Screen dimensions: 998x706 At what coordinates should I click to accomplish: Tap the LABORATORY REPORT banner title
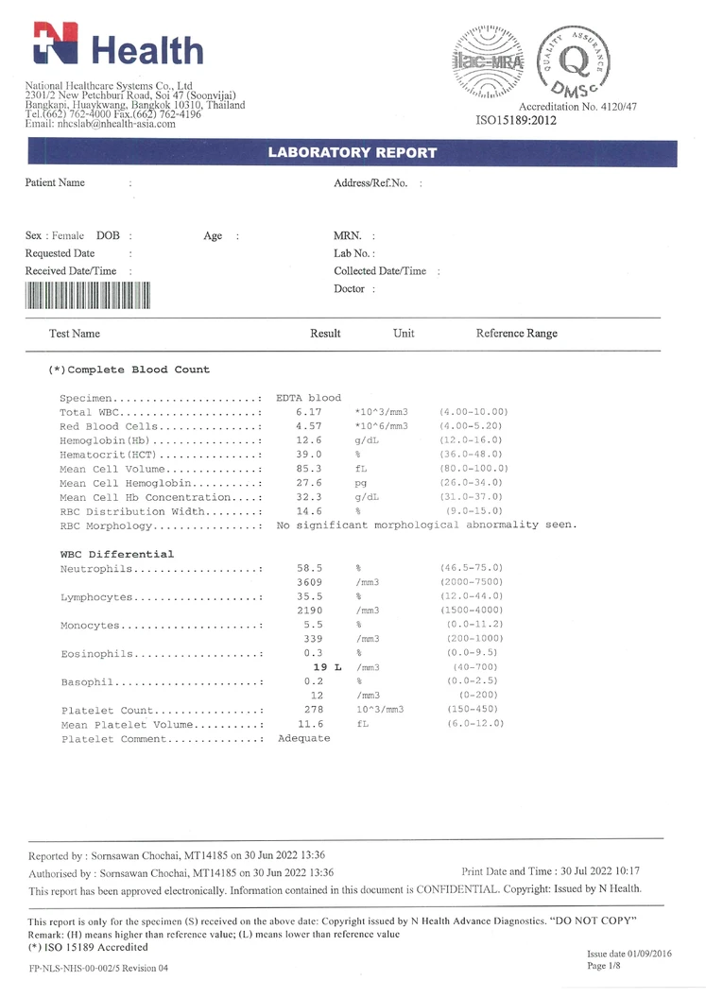pyautogui.click(x=353, y=153)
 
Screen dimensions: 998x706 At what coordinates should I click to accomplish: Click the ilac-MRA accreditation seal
pyautogui.click(x=489, y=61)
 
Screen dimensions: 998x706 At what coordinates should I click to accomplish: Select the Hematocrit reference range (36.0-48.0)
pyautogui.click(x=474, y=455)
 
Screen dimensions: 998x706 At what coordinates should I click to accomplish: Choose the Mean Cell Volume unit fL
pyautogui.click(x=361, y=469)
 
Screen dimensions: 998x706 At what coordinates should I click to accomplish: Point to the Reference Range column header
pyautogui.click(x=516, y=334)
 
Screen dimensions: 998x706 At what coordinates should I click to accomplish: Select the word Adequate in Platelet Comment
pyautogui.click(x=303, y=738)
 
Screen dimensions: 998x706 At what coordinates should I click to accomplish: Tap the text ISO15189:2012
pyautogui.click(x=516, y=121)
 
